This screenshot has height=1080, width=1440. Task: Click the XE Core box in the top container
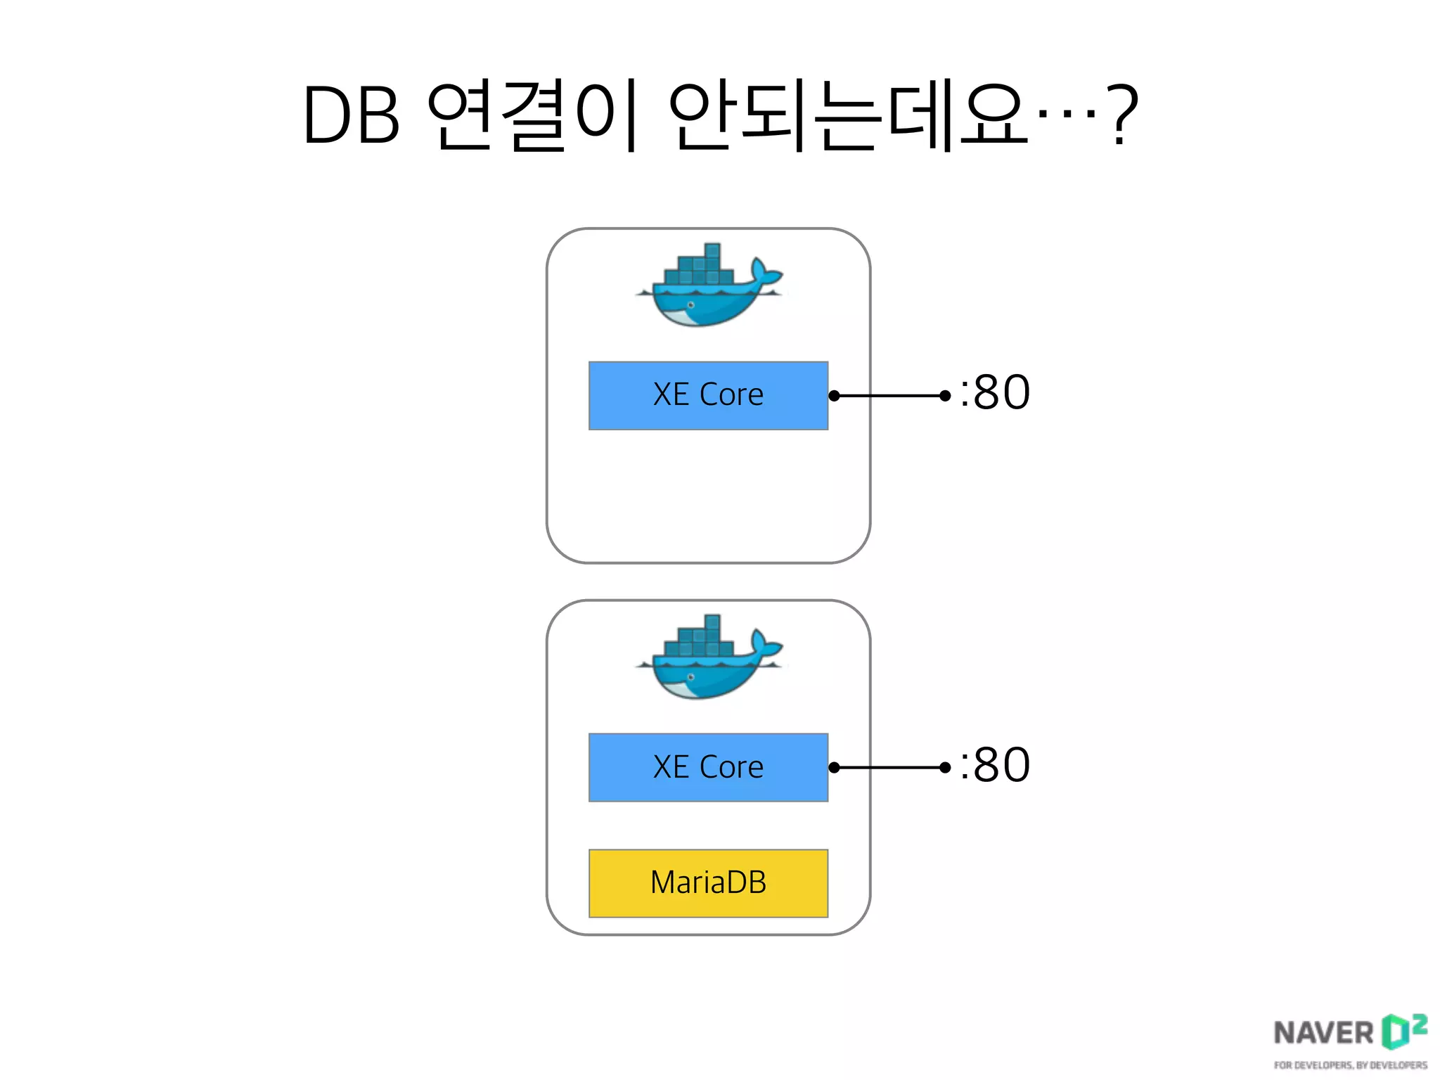pyautogui.click(x=708, y=395)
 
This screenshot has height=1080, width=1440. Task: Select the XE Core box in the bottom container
pyautogui.click(x=708, y=767)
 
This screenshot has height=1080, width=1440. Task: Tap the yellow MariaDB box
pyautogui.click(x=708, y=883)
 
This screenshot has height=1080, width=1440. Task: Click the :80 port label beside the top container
pyautogui.click(x=995, y=392)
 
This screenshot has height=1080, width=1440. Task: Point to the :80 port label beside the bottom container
pyautogui.click(x=995, y=764)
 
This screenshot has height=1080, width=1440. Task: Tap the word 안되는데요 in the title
pyautogui.click(x=847, y=117)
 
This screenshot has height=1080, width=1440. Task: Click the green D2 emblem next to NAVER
pyautogui.click(x=1403, y=1030)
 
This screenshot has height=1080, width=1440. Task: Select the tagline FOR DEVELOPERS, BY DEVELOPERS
pyautogui.click(x=1350, y=1065)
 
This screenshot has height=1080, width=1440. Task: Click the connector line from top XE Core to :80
pyautogui.click(x=889, y=396)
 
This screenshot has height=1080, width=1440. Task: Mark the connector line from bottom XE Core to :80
pyautogui.click(x=889, y=767)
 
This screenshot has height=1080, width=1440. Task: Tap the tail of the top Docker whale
pyautogui.click(x=764, y=271)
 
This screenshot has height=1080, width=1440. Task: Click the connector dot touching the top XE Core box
pyautogui.click(x=834, y=396)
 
